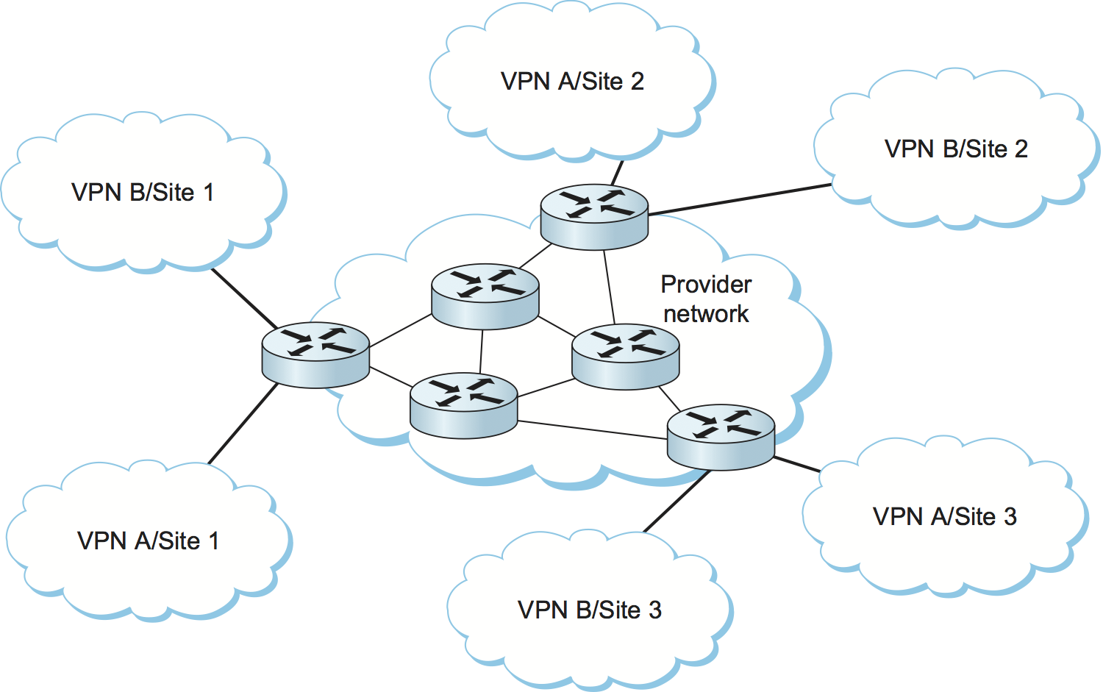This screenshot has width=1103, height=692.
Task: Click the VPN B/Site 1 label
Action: pos(143,193)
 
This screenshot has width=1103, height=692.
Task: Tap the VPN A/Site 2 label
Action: pos(572,82)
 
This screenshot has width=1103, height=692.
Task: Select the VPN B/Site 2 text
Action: pos(956,149)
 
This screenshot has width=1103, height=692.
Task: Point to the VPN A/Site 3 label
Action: pos(944,517)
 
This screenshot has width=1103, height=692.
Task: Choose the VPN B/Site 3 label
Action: pos(590,610)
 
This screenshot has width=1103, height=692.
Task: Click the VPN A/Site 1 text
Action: pos(148,541)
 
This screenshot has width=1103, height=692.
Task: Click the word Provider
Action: pos(706,285)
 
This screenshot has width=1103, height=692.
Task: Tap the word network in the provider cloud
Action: pos(706,314)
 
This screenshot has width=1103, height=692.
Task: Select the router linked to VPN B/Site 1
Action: pos(315,354)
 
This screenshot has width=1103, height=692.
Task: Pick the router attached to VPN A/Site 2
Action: pos(594,216)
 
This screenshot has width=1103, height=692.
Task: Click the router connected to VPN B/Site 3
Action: pos(721,437)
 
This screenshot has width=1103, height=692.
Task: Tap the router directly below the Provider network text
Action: pos(626,356)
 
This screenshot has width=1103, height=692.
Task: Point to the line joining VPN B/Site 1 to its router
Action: pos(244,299)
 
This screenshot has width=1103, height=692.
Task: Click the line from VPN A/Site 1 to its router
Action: pos(243,424)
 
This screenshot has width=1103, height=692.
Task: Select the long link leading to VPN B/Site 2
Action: pos(740,199)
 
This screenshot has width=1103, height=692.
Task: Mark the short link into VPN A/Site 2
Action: pos(617,173)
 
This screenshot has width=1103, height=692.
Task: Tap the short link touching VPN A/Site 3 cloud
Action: pos(797,464)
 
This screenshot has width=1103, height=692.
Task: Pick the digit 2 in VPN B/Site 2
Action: pos(1021,149)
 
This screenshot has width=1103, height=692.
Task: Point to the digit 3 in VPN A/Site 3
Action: pos(1010,517)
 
